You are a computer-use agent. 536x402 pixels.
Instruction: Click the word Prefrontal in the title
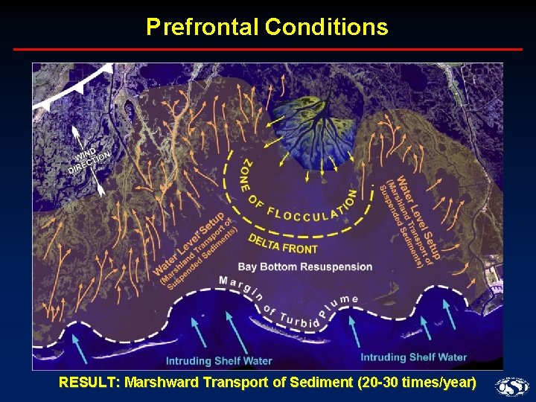click(202, 28)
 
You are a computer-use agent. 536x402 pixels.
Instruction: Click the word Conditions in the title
click(326, 28)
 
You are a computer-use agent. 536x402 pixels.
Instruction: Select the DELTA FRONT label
click(282, 244)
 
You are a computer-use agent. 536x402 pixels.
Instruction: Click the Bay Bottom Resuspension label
click(305, 267)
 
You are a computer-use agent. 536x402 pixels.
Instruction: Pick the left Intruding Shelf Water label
click(219, 361)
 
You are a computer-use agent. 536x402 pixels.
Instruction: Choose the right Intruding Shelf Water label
click(413, 357)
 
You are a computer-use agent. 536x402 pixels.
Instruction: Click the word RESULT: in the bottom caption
click(89, 383)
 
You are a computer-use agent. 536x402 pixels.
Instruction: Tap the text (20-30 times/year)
click(417, 383)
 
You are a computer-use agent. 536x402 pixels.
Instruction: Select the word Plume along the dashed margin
click(339, 302)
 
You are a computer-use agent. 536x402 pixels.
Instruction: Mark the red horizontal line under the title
click(268, 49)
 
